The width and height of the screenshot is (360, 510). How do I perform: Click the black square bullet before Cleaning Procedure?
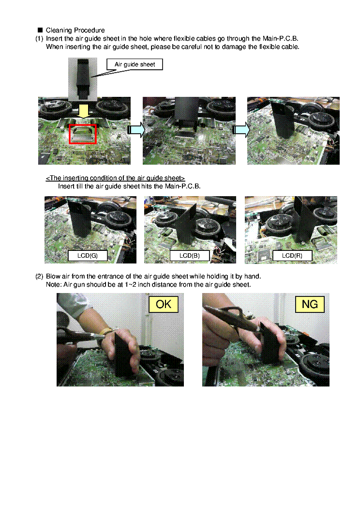tap(40, 30)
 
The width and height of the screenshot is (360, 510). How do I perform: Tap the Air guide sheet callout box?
tap(135, 64)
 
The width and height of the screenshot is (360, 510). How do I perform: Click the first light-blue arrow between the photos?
tap(135, 130)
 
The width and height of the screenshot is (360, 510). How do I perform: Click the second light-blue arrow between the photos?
tap(241, 130)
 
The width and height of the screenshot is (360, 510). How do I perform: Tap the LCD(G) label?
tap(88, 256)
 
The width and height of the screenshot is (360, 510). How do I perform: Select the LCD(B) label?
tap(189, 256)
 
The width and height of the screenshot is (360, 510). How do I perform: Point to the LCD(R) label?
tap(292, 256)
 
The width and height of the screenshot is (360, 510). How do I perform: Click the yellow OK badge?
tap(164, 305)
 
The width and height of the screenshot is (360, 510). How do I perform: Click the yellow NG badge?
tap(310, 305)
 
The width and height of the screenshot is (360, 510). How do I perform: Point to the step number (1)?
tap(39, 39)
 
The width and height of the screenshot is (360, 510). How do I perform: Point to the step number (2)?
tap(39, 277)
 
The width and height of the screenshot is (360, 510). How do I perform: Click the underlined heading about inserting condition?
tap(115, 178)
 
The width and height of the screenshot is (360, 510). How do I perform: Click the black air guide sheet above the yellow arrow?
tap(83, 78)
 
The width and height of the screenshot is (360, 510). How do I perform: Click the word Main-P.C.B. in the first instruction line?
tap(280, 39)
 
